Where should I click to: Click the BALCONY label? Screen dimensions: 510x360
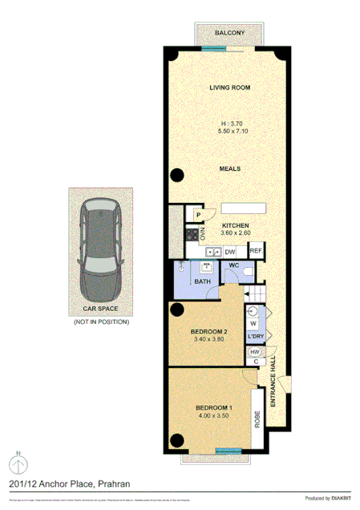(229, 33)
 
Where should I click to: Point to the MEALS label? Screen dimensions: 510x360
(230, 169)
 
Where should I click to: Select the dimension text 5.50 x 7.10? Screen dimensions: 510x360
(230, 132)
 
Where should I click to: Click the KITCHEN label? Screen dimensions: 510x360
(236, 226)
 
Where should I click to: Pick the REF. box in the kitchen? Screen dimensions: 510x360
(256, 251)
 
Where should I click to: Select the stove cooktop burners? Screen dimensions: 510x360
(192, 234)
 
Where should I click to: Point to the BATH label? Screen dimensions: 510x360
(201, 282)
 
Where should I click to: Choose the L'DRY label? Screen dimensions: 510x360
(256, 336)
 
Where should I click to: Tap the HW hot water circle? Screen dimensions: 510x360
(255, 352)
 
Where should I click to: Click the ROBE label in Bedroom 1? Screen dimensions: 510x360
(258, 419)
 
